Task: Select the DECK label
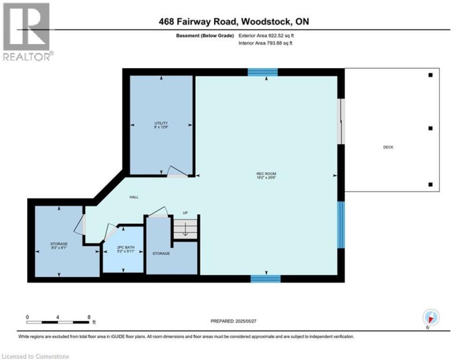tap(388, 147)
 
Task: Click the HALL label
tap(134, 197)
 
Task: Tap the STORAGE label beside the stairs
tap(161, 253)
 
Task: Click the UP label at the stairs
tap(185, 213)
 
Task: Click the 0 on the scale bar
tap(27, 317)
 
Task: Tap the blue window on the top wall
tap(263, 72)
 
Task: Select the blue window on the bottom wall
tap(265, 279)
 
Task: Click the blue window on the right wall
tap(341, 224)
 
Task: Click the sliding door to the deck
tap(341, 122)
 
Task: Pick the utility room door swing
tap(176, 171)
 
